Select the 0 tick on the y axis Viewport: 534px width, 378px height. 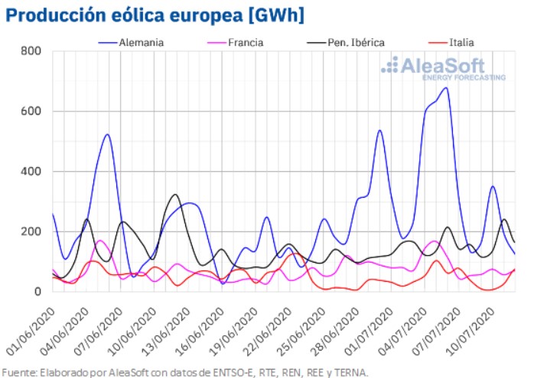point(36,292)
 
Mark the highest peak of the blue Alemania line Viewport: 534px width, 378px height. point(445,88)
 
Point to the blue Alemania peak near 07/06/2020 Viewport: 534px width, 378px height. point(106,134)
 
